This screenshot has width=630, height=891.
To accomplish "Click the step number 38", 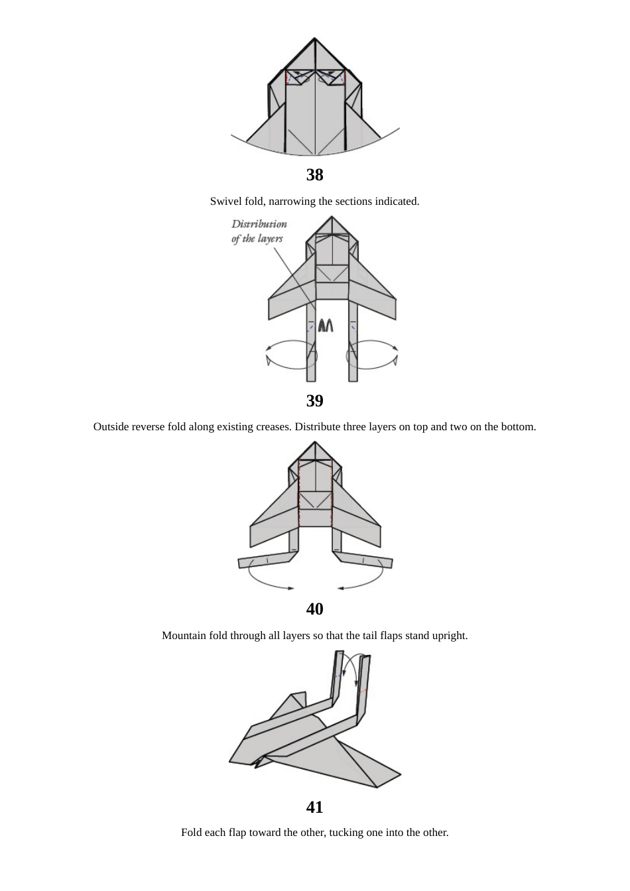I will (x=314, y=175).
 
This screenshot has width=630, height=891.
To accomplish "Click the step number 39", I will (x=314, y=401).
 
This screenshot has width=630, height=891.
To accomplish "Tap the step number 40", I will (x=314, y=609).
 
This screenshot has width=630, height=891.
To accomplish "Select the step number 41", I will (x=314, y=807).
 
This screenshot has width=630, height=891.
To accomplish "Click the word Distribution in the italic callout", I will (x=259, y=224).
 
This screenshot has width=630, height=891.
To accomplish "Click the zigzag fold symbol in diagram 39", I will (x=326, y=326).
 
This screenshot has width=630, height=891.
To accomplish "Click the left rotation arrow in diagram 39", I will (x=290, y=355).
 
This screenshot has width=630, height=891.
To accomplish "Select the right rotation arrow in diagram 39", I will (x=373, y=355).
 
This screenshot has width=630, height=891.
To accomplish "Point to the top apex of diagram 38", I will (x=314, y=38).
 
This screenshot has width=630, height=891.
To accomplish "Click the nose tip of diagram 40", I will (x=315, y=442).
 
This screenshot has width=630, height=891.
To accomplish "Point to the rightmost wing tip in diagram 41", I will (x=401, y=774).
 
